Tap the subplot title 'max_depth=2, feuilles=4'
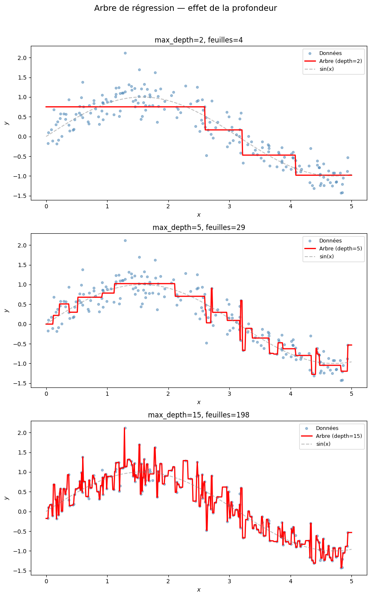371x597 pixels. pos(199,40)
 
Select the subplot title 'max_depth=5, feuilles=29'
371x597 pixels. pos(199,227)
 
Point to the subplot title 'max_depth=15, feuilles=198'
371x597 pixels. pos(199,415)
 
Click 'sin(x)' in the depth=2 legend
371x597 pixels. pos(326,69)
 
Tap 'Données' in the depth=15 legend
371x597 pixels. pos(327,428)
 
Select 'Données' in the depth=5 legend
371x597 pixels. pos(331,240)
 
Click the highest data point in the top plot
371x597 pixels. pos(125,53)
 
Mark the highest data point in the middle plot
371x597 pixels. pos(125,240)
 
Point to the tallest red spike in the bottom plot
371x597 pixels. pos(125,428)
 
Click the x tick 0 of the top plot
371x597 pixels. pos(46,206)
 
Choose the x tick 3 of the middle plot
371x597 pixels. pos(229,394)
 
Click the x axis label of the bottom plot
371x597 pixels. pos(199,590)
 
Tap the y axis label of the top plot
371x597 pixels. pos(6,123)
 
